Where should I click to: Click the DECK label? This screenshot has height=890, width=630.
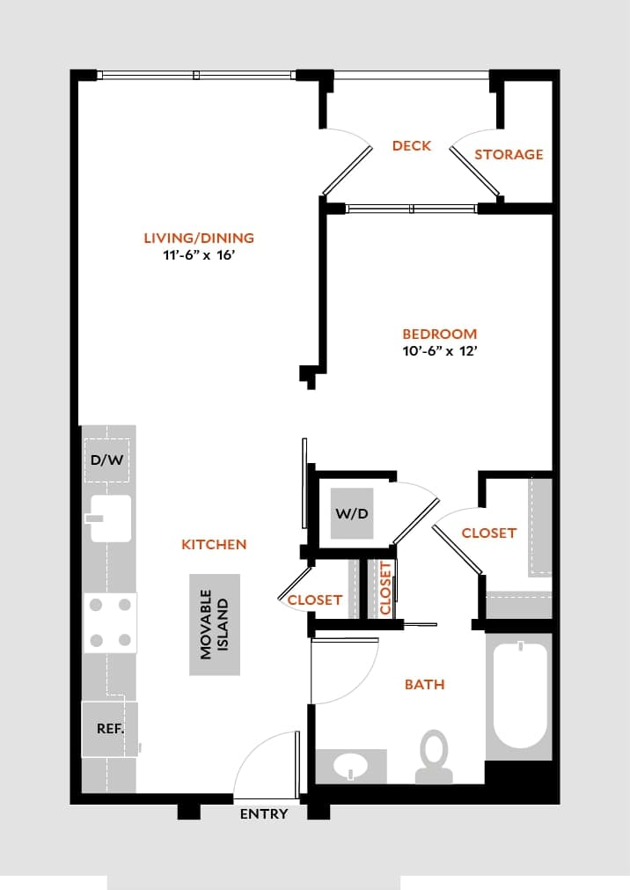tap(411, 145)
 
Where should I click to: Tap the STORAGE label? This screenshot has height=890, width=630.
tap(509, 154)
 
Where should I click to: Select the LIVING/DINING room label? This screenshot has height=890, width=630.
tap(199, 238)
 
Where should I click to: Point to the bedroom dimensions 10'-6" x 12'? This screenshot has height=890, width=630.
tap(439, 350)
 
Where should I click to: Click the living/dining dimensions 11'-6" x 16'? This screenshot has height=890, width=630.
tap(199, 255)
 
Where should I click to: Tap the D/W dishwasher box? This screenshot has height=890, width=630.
tap(106, 460)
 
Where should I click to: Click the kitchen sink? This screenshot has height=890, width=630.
tap(109, 518)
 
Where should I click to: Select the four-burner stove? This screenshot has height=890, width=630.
tap(110, 622)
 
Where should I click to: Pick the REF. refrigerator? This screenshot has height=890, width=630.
tap(109, 729)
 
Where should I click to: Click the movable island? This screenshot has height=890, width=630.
tap(215, 625)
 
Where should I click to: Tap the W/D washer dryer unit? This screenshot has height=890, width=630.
tap(352, 513)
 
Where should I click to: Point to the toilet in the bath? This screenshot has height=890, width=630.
tap(433, 757)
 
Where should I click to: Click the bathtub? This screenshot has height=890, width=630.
tap(519, 695)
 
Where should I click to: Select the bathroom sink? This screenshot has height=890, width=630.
tap(351, 766)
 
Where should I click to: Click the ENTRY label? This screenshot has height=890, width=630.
tap(264, 814)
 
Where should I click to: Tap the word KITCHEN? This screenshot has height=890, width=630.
tap(214, 545)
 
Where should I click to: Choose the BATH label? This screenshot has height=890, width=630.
tap(424, 684)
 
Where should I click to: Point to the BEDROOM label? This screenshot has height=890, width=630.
tap(439, 334)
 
